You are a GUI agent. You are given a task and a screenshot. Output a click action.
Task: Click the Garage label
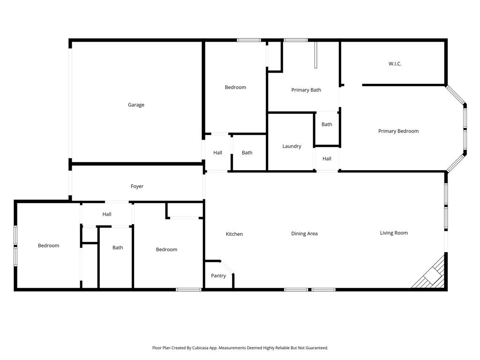coord(136,105)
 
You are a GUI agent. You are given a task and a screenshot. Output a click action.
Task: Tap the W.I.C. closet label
coord(395,64)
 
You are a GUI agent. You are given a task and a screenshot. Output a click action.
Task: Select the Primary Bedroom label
coord(398,131)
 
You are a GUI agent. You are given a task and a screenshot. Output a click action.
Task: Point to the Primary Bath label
coord(306,90)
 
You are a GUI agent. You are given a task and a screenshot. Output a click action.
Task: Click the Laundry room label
coord(292,146)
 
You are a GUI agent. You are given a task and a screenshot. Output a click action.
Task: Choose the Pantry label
coord(218,276)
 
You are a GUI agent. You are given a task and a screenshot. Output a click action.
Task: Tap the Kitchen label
coord(234,234)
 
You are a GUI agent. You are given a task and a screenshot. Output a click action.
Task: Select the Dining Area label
coord(304,233)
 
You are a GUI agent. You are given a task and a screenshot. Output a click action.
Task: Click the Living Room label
coord(394,233)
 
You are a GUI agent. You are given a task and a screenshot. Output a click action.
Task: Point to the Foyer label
coord(137,187)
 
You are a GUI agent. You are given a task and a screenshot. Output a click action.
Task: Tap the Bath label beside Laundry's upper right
coord(327,124)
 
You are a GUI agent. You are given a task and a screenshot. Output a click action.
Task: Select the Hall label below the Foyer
coord(107,214)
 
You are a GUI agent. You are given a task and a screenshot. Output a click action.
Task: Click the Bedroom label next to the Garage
coord(235,87)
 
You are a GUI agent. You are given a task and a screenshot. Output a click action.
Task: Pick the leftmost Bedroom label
coord(48,246)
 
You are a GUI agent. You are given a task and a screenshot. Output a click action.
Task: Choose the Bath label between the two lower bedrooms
coord(118,247)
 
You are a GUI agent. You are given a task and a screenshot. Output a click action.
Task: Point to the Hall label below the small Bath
coord(327,158)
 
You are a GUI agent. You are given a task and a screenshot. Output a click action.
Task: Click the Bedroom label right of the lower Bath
coord(166,249)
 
